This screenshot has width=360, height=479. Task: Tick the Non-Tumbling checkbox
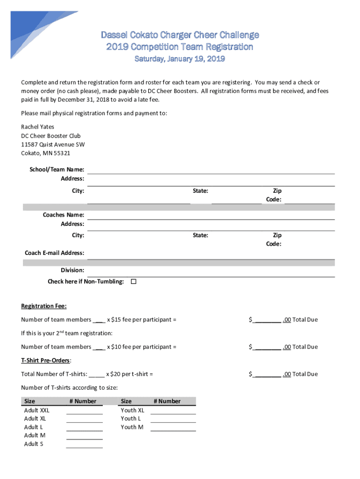pyautogui.click(x=133, y=282)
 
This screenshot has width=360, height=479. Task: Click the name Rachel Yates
pyautogui.click(x=37, y=127)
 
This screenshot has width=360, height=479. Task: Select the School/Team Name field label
pyautogui.click(x=56, y=169)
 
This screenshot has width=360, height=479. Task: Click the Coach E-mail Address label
pyautogui.click(x=54, y=253)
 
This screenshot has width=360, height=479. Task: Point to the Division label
pyautogui.click(x=72, y=270)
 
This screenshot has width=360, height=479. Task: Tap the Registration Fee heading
pyautogui.click(x=44, y=306)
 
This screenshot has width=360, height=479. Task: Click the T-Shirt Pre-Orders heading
pyautogui.click(x=45, y=360)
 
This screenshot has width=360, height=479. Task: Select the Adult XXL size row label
pyautogui.click(x=36, y=410)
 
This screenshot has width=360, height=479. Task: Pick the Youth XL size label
pyautogui.click(x=132, y=410)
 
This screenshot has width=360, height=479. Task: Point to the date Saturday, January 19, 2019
pyautogui.click(x=180, y=59)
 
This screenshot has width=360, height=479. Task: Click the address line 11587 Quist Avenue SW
pyautogui.click(x=53, y=145)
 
